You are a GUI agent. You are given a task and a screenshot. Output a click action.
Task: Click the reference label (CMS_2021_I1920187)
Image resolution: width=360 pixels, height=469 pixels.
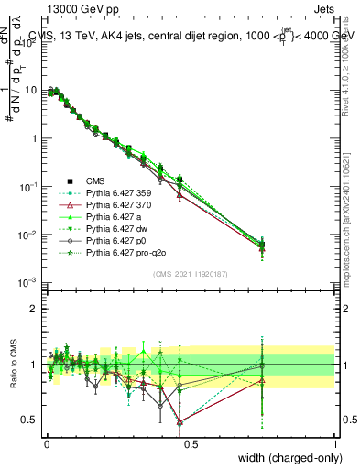(x=190, y=274)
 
